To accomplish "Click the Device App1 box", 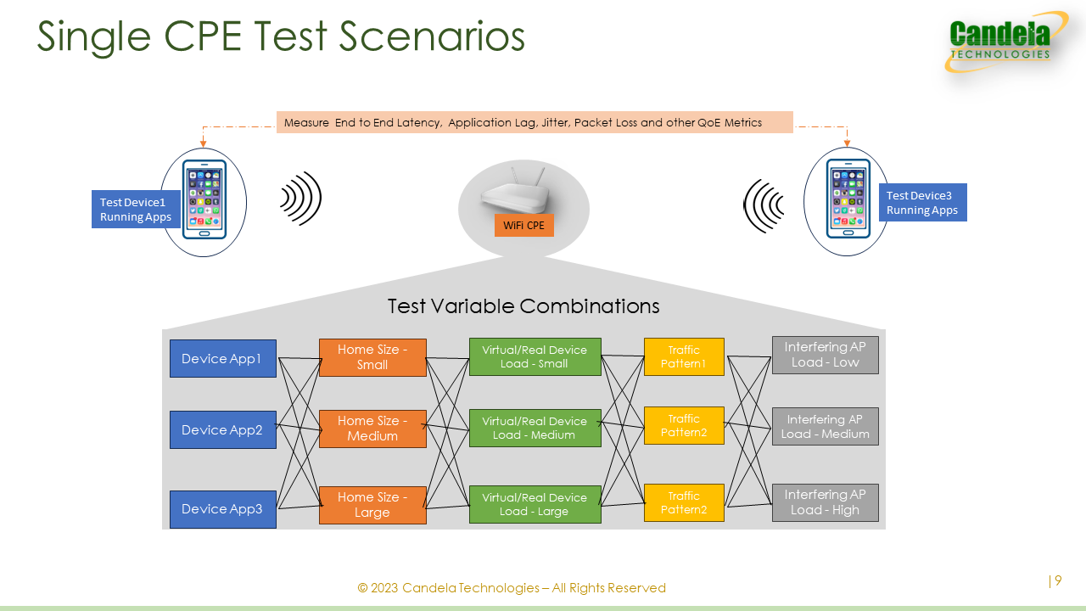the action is pos(223,358).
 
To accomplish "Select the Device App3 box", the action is pos(223,509).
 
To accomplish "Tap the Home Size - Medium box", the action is pos(372,429).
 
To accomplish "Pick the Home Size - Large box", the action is pos(372,505).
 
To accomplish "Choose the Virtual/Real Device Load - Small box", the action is pos(535,357).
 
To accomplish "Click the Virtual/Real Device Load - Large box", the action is pos(535,504).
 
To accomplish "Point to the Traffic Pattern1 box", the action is pos(684,357).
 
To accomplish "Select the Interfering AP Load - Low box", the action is pos(826,355).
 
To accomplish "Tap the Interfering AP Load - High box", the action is pos(826,502).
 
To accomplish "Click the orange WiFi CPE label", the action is pos(524,226).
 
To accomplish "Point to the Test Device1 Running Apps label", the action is pos(136,210).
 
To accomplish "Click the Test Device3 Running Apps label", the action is pos(922,203).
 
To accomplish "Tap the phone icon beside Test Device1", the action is pos(204,199).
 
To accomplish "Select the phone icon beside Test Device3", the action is pos(848,199).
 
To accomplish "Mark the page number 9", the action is pos(1058,580).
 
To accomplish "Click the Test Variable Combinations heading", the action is pos(523,306).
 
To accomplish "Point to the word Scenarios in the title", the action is pos(432,36).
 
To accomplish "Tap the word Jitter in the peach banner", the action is pos(556,123).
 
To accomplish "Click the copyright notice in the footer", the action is pos(512,588).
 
